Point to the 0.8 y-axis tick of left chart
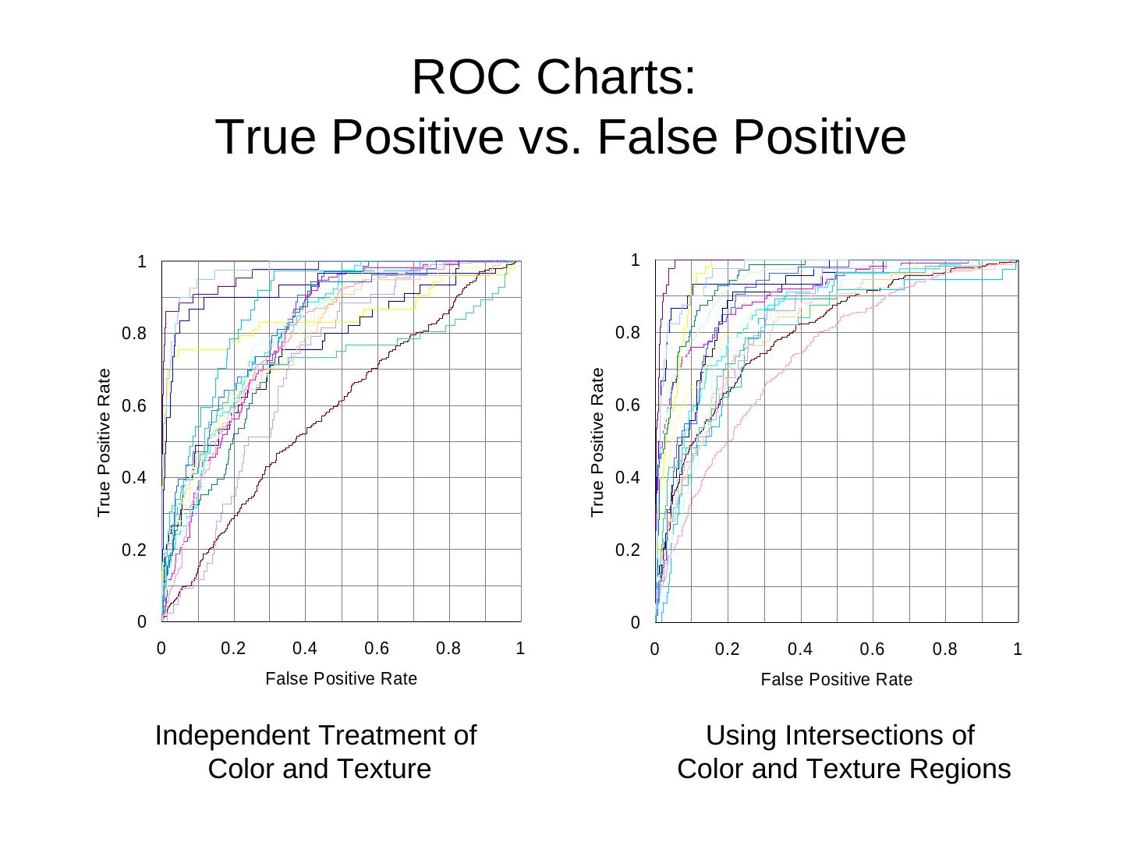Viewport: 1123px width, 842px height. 134,334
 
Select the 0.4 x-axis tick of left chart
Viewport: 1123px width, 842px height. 305,649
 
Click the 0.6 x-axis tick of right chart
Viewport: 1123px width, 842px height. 872,649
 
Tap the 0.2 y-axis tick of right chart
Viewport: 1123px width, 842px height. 627,550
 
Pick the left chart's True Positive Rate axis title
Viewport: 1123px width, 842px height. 105,443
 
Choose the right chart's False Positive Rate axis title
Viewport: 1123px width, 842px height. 836,680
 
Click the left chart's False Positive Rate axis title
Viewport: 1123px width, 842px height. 341,679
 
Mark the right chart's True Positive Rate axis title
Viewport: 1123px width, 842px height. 598,442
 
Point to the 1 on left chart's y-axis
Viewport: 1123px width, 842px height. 142,262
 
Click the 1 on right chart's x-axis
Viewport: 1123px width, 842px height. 1017,649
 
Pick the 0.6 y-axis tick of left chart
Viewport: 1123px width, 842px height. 134,406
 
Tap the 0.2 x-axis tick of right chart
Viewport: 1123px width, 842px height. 727,649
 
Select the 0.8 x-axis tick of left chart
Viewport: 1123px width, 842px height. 448,649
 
